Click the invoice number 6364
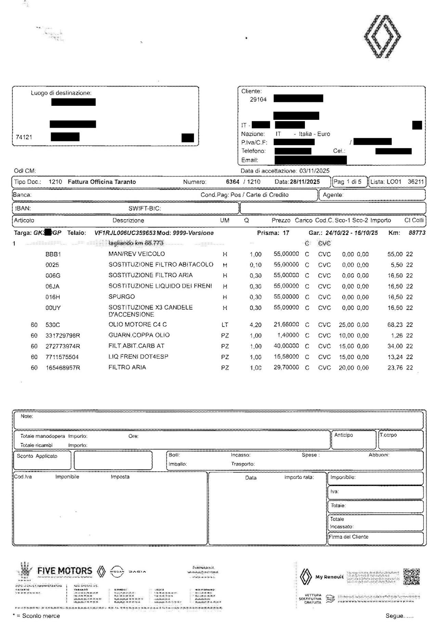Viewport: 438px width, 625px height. click(233, 182)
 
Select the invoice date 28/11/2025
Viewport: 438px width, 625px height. click(305, 182)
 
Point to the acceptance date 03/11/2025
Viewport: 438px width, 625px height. click(314, 171)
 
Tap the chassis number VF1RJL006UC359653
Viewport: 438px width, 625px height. click(125, 233)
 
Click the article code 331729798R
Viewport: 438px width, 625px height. click(63, 336)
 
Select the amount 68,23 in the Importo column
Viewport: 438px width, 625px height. click(395, 325)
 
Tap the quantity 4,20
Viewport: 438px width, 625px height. click(256, 325)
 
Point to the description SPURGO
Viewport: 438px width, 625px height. click(121, 297)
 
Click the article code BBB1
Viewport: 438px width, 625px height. click(53, 254)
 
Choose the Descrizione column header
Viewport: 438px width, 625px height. click(128, 221)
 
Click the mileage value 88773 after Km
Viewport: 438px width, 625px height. click(417, 233)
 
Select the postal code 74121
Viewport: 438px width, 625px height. click(24, 137)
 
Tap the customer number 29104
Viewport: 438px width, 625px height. click(258, 100)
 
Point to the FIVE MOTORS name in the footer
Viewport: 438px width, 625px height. click(64, 571)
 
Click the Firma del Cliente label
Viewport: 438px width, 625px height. click(349, 537)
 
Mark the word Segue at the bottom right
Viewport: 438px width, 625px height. click(394, 616)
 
